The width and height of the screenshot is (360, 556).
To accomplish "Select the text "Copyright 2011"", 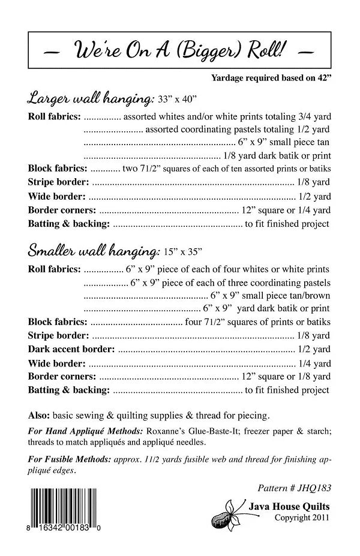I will (301, 517).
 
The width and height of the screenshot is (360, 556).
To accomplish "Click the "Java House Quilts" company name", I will (289, 507).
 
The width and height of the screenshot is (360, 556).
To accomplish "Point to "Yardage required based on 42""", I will (271, 77).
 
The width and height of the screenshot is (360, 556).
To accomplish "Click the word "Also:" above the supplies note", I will (38, 414).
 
